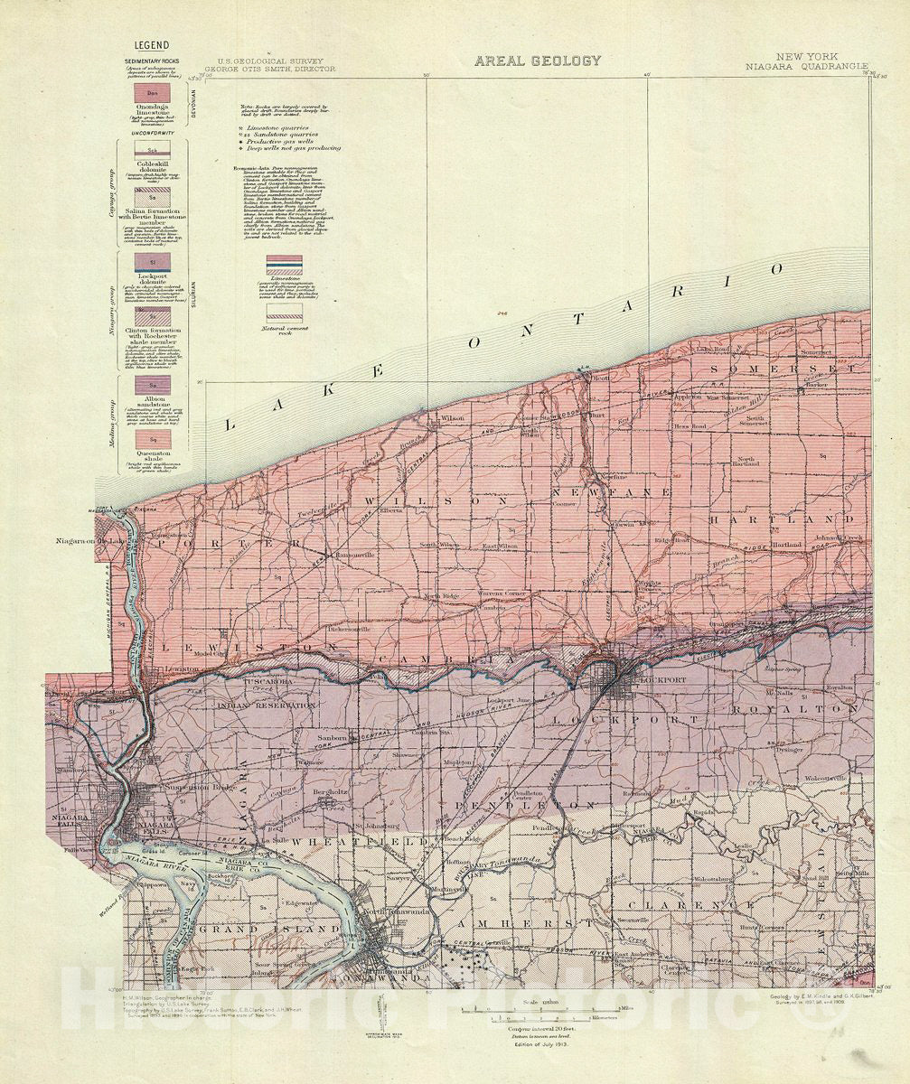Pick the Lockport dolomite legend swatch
(152, 261)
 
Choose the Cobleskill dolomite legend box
(152, 150)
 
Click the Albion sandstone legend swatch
(152, 384)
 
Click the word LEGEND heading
(152, 45)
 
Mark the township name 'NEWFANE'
(633, 492)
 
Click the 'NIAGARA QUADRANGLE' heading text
(807, 66)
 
